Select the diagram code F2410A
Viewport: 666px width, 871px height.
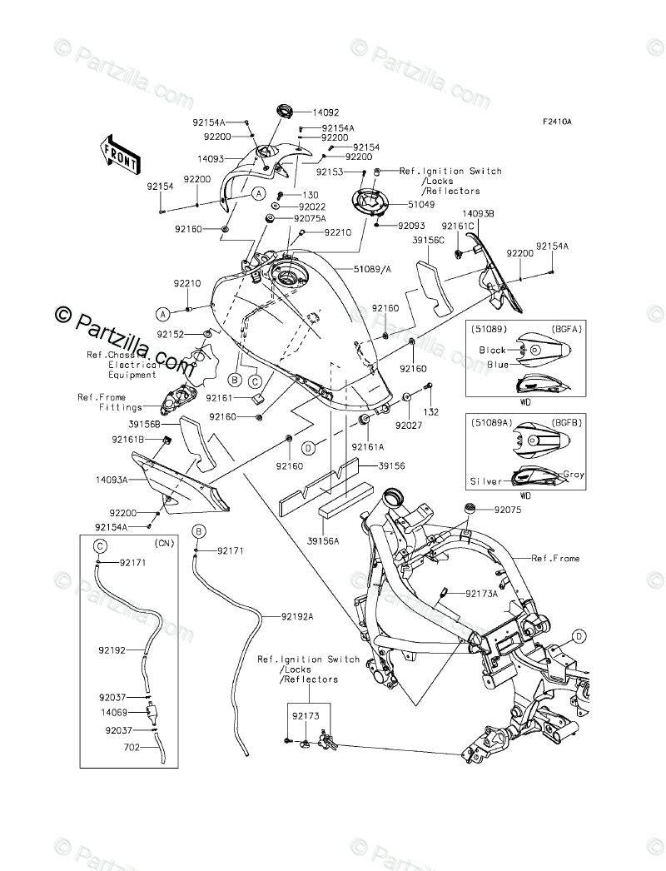pyautogui.click(x=557, y=122)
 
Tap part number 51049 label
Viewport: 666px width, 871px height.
pyautogui.click(x=421, y=204)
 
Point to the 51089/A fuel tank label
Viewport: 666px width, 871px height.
pyautogui.click(x=373, y=269)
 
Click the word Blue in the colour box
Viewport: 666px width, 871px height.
pyautogui.click(x=498, y=365)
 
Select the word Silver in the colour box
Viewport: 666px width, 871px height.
pyautogui.click(x=486, y=481)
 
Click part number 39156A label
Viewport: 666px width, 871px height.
pyautogui.click(x=322, y=540)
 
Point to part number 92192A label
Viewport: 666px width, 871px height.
pyautogui.click(x=297, y=616)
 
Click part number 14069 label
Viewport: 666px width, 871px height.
pyautogui.click(x=114, y=712)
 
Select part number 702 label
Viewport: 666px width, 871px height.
pyautogui.click(x=132, y=748)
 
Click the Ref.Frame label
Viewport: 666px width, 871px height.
pyautogui.click(x=555, y=558)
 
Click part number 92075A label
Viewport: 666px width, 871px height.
pyautogui.click(x=310, y=218)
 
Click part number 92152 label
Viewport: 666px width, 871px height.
pyautogui.click(x=170, y=335)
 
